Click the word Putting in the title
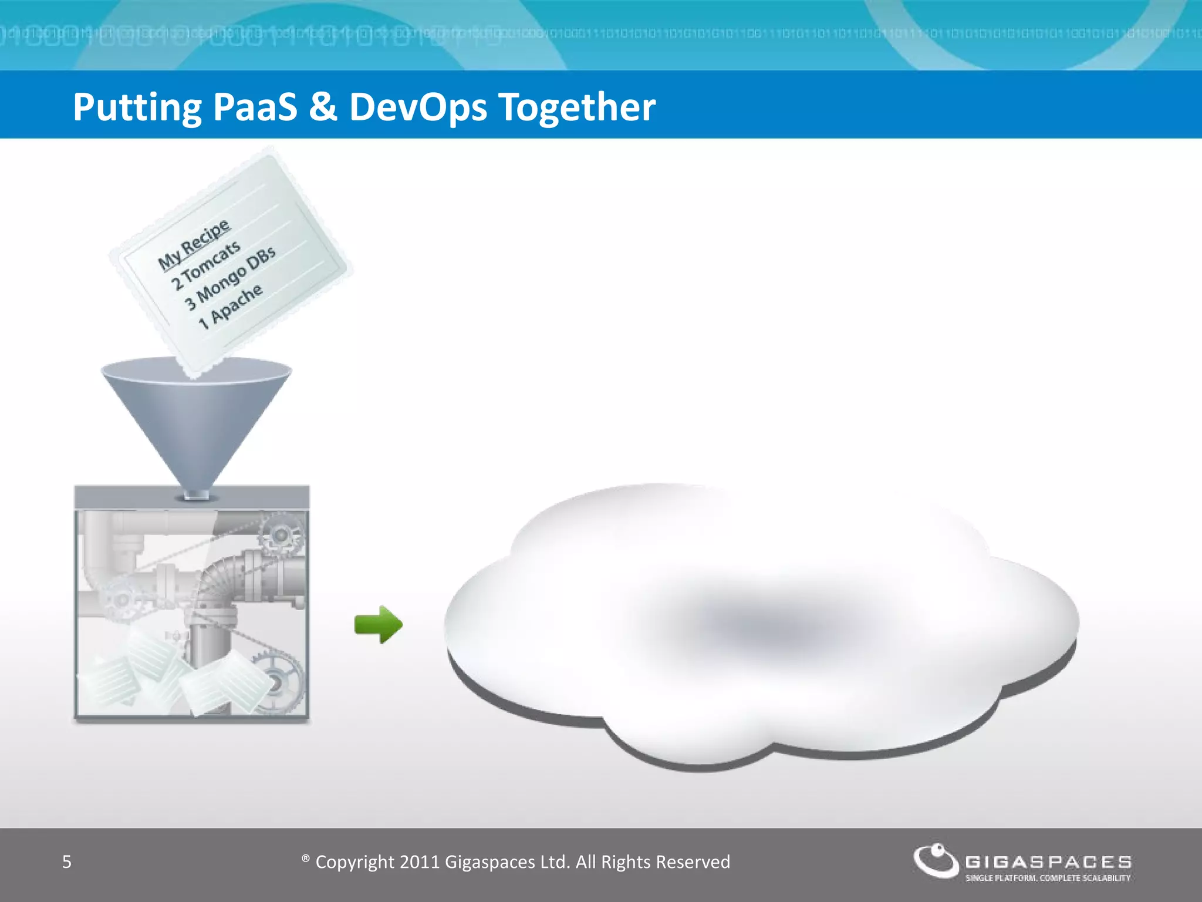tap(136, 107)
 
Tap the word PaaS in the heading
tap(255, 107)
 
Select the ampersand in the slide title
tap(322, 107)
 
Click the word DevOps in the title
tap(418, 107)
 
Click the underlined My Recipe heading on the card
tap(194, 245)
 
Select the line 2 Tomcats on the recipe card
tap(206, 265)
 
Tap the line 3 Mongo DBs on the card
tap(230, 278)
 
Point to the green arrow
tap(379, 624)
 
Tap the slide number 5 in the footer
tap(67, 862)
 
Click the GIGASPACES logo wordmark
tap(1048, 862)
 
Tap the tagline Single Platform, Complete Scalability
tap(1048, 879)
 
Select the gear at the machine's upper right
tap(280, 535)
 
